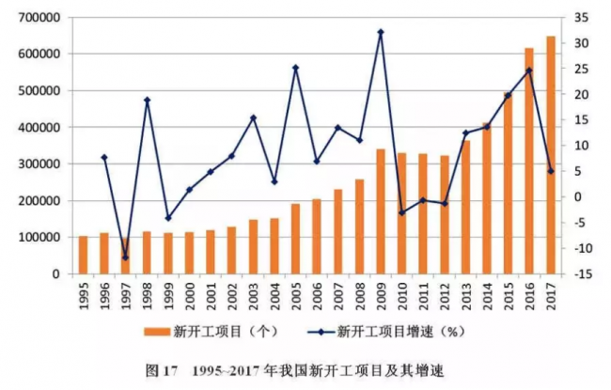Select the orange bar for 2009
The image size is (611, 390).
tap(380, 211)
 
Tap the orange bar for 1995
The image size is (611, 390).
tap(83, 255)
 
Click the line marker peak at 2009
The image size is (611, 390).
tap(380, 32)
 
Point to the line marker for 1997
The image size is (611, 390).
tap(125, 257)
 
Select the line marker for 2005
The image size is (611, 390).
tap(295, 68)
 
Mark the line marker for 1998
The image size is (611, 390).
tap(147, 100)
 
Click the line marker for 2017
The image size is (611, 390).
tap(550, 171)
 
